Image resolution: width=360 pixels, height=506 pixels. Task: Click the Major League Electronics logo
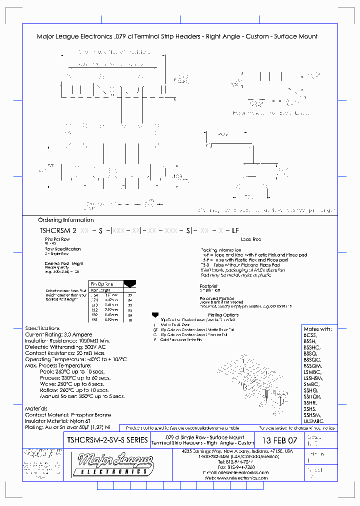(x=111, y=464)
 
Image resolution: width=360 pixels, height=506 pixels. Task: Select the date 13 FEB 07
(x=279, y=440)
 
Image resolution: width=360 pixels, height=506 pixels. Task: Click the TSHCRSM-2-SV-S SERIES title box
(x=107, y=440)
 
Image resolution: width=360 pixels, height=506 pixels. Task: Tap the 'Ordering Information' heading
(x=65, y=220)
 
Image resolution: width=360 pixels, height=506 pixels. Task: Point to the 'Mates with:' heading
(x=317, y=329)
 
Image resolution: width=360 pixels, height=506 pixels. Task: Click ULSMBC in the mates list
(x=313, y=421)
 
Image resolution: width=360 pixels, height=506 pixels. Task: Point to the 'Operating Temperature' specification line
(x=76, y=359)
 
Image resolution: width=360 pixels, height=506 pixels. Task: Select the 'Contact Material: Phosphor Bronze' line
(x=68, y=414)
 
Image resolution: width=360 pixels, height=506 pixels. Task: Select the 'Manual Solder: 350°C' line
(x=81, y=396)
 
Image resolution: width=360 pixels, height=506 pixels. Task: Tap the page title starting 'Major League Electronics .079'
(x=177, y=36)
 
